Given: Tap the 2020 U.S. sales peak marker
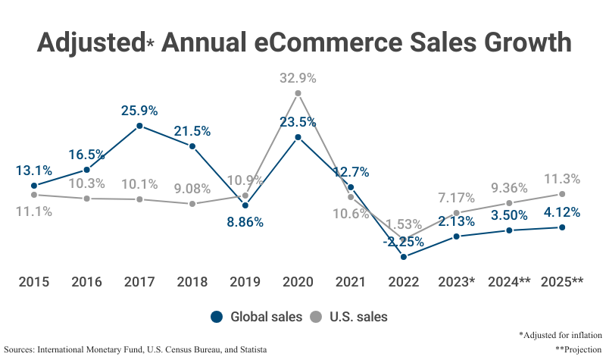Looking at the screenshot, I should [x=298, y=93].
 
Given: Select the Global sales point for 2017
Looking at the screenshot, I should [x=139, y=126].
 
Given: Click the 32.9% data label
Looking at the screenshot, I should [x=298, y=77].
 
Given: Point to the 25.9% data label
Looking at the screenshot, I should [x=139, y=110].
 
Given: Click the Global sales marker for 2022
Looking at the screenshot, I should [x=404, y=257].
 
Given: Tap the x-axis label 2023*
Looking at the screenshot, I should [x=457, y=282].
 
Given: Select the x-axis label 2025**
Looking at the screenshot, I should [x=562, y=282].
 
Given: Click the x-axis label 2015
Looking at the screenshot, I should [x=34, y=282].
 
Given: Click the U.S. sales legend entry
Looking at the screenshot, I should [x=349, y=317].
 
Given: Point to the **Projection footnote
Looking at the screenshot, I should [x=578, y=349].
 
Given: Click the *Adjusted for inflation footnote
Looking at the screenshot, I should [x=561, y=334].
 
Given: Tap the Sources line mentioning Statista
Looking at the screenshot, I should [x=136, y=349].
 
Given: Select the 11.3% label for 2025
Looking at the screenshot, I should [x=562, y=179].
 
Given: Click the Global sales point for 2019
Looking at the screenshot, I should [x=245, y=205].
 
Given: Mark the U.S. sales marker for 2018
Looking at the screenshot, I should [x=192, y=204].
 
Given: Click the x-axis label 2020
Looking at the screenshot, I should [x=298, y=282].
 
